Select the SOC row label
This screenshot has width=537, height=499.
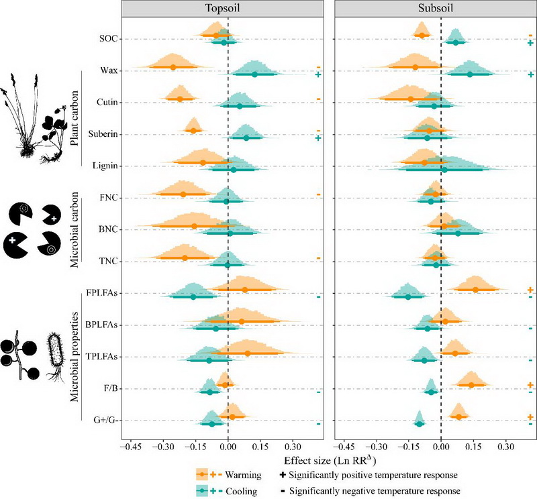coord(109,39)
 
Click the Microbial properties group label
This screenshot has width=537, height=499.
coord(75,357)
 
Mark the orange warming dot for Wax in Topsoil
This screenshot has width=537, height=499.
coord(173,67)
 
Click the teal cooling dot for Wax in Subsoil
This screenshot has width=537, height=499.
coord(470,74)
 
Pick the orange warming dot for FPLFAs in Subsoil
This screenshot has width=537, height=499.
coord(475,290)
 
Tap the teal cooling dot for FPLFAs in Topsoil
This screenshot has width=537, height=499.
coord(193,296)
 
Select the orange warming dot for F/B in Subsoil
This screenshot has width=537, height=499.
coord(471,385)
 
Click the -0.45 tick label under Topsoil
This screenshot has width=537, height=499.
coord(132,445)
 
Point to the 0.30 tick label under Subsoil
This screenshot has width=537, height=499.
coord(505,445)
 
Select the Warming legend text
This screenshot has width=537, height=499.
coord(244,474)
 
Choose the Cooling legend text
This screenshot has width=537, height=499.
coord(243,491)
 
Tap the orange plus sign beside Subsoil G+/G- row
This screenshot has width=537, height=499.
coord(530,417)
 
